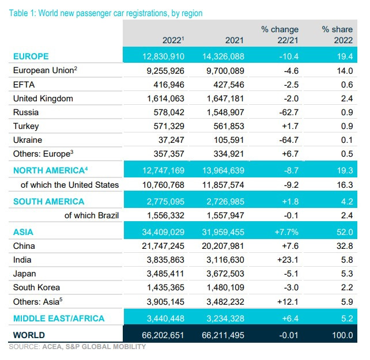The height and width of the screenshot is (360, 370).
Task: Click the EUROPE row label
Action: point(31,56)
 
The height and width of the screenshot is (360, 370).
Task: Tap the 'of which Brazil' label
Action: point(92,215)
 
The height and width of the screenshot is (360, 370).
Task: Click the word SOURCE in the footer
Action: point(24,347)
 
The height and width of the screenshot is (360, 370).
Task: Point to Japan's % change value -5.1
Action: point(289,274)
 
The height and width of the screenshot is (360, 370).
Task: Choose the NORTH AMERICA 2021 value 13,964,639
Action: point(221,171)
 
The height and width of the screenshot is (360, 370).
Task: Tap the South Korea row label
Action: point(36,287)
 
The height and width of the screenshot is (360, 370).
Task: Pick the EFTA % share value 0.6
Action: point(346,85)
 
